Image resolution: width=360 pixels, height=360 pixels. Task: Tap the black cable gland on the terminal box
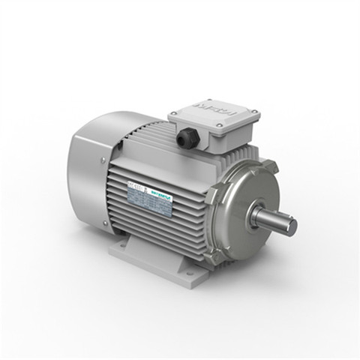click(184, 139)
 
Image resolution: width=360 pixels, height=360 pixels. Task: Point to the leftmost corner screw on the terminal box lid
click(172, 112)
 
